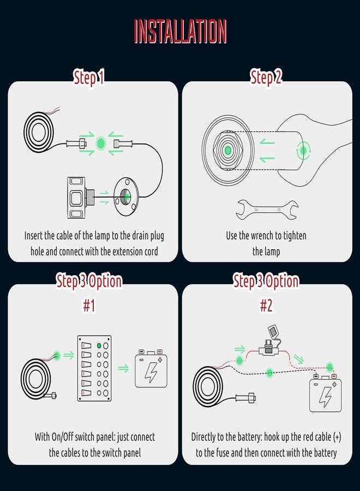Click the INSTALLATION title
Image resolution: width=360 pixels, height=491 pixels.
click(180, 31)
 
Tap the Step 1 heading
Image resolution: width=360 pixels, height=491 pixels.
click(88, 77)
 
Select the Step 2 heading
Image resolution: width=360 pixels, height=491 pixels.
click(266, 77)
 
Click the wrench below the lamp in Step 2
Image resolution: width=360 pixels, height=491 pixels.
click(267, 209)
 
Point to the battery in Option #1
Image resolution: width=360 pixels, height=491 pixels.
click(151, 369)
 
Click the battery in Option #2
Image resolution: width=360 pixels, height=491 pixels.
click(325, 393)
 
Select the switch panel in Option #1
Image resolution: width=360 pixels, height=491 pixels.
click(94, 368)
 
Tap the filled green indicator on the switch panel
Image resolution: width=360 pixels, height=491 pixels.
click(99, 346)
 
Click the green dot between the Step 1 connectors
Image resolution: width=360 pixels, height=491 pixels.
click(100, 143)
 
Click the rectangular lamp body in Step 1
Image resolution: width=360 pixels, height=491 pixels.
click(76, 197)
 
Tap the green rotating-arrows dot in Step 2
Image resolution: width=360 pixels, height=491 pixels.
click(303, 151)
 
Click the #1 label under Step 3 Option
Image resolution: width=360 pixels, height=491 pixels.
click(89, 306)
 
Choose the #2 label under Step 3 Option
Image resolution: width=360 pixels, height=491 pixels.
click(266, 306)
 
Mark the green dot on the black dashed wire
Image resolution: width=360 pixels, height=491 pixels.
click(269, 373)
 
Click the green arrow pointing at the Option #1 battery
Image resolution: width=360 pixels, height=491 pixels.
click(123, 368)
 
